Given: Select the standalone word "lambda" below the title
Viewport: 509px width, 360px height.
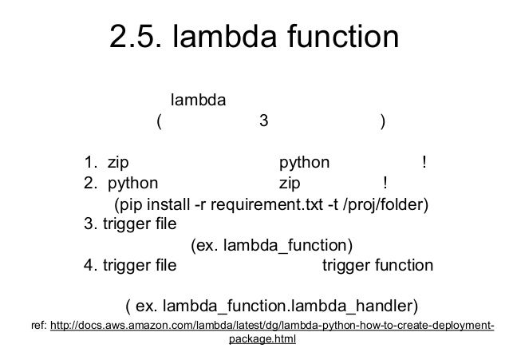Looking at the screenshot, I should point(199,101).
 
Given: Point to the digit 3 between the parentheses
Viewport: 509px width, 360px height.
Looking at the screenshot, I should point(263,122).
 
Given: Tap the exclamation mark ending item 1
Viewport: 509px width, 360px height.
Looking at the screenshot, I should point(424,163).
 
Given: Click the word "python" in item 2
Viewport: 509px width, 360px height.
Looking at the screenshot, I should point(132,184).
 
